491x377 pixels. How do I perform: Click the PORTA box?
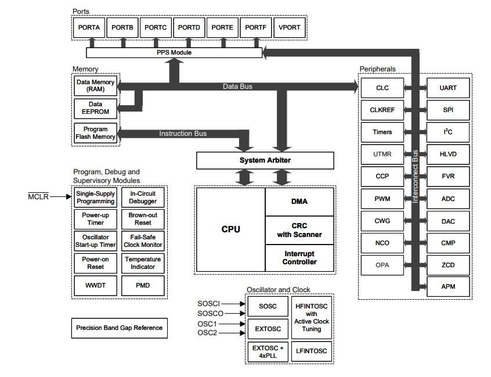coord(89,27)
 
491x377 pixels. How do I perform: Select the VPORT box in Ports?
coord(289,27)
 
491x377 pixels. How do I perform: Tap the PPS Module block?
coord(174,53)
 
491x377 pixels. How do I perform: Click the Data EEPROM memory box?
coord(96,108)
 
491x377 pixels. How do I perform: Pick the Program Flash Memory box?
coord(96,133)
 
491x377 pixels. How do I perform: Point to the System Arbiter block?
coord(265,160)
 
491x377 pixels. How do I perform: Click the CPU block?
coord(230,229)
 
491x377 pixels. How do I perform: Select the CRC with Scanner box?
coord(299,230)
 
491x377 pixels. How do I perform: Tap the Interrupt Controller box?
coord(299,258)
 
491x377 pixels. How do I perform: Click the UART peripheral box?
coord(448,88)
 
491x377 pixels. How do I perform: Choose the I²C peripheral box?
coord(448,132)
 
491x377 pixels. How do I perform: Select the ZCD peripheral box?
coord(448,265)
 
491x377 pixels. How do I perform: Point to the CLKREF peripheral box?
coord(382,110)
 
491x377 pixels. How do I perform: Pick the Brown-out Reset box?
coord(143,219)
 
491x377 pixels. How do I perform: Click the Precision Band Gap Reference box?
coord(120,328)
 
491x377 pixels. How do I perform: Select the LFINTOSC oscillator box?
coord(311,350)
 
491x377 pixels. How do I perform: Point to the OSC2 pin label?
coord(207,333)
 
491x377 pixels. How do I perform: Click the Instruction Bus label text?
coord(183,134)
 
